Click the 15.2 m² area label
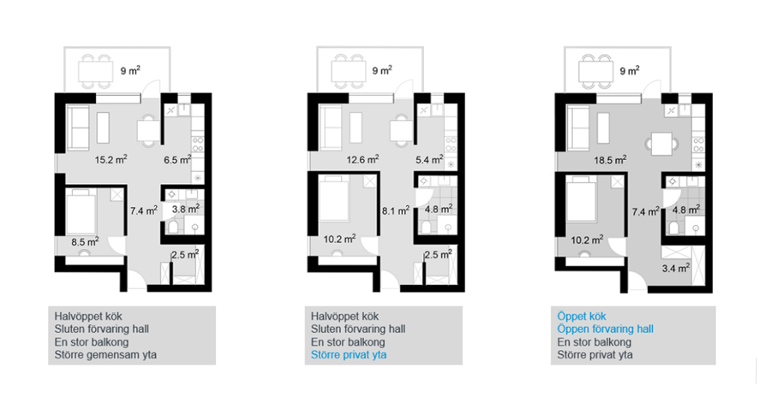point(111,159)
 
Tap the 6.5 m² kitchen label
point(177,159)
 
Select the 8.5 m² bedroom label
point(85,241)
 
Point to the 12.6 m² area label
point(362,159)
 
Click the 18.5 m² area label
point(610,159)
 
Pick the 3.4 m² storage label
point(676,268)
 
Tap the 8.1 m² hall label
point(396,210)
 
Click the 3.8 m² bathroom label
point(185,209)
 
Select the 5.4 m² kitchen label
point(429,159)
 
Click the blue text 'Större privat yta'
point(349,355)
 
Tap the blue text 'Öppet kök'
point(581,316)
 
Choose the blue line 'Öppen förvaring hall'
point(606,329)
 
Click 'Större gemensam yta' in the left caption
point(105,355)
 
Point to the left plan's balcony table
point(96,72)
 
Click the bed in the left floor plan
point(81,212)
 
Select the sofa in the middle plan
point(331,127)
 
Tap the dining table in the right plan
point(661,144)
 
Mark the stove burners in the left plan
point(198,145)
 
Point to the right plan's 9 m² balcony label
point(630,71)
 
